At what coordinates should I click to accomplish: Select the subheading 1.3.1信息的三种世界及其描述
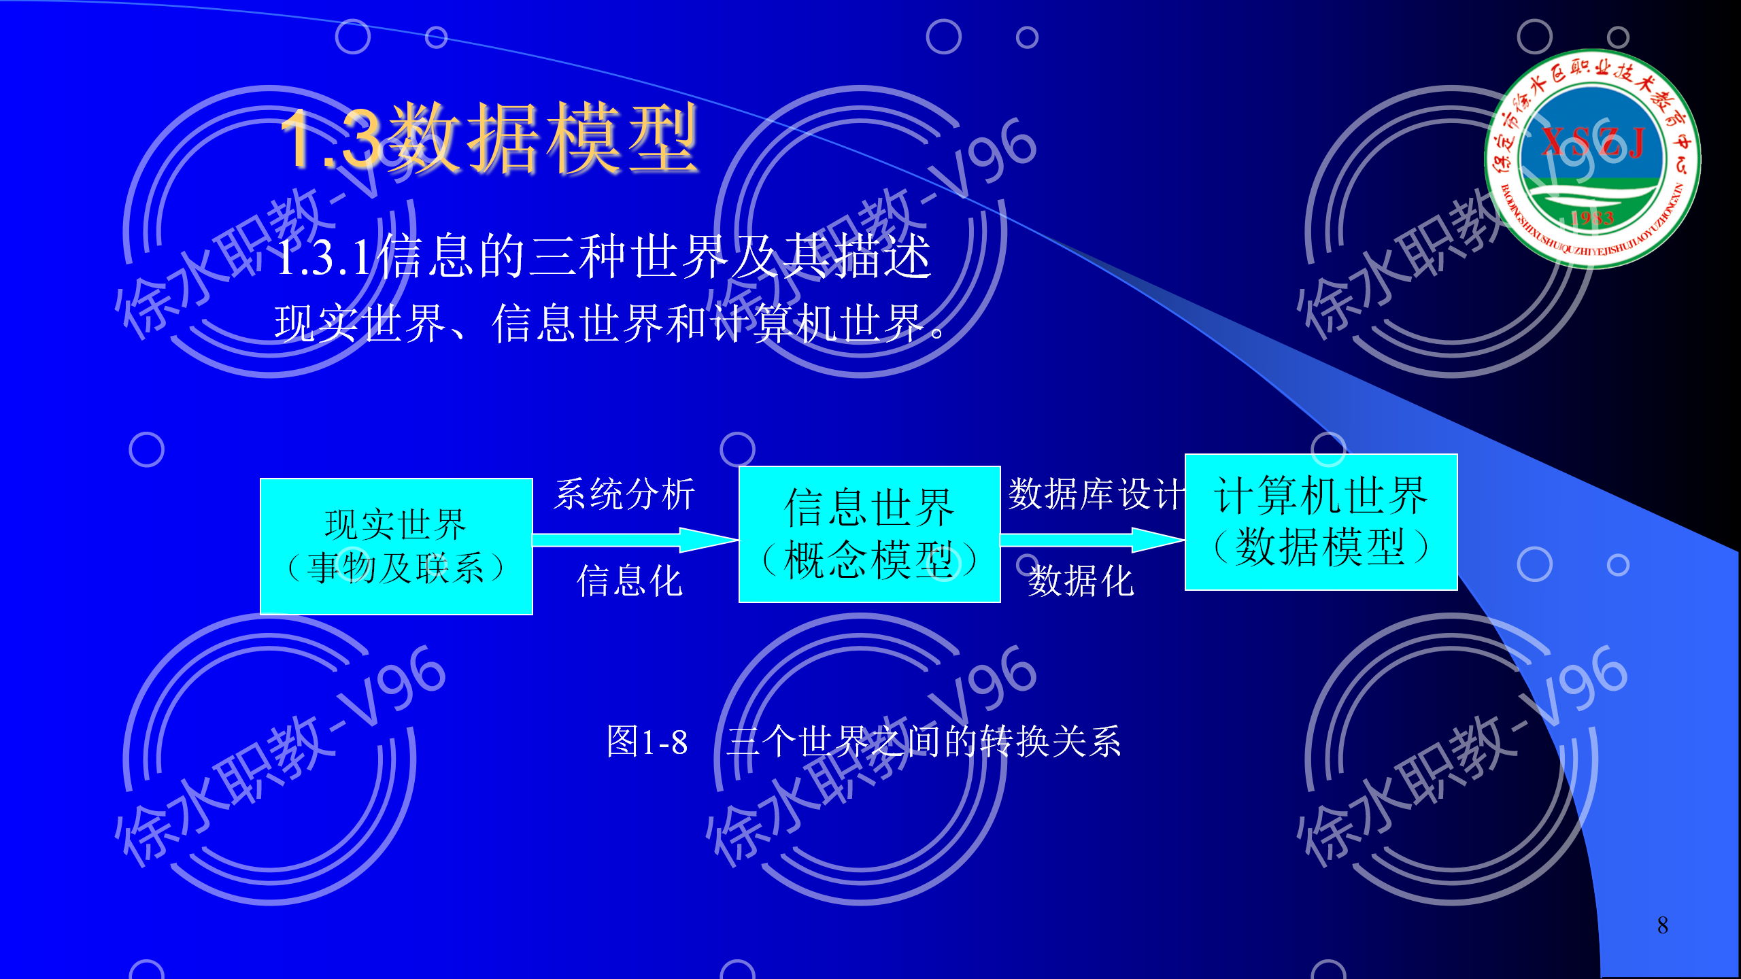point(604,256)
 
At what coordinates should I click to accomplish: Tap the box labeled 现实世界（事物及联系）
point(396,547)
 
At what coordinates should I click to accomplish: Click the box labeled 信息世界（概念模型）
point(869,534)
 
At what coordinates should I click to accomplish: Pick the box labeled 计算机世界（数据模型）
point(1321,522)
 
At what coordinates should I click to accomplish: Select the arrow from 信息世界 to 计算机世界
point(1091,540)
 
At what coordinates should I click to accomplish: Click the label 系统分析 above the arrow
point(624,494)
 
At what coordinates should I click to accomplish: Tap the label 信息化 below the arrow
point(630,581)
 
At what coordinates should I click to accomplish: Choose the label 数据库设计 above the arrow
point(1095,494)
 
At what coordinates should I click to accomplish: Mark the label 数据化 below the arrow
point(1081,581)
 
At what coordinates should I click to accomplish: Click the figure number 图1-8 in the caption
point(647,742)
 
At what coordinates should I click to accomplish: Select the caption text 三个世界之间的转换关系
point(924,742)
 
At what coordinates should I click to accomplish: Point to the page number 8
point(1662,925)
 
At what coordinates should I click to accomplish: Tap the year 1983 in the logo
point(1592,218)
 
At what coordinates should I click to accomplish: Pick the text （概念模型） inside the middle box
point(869,561)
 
